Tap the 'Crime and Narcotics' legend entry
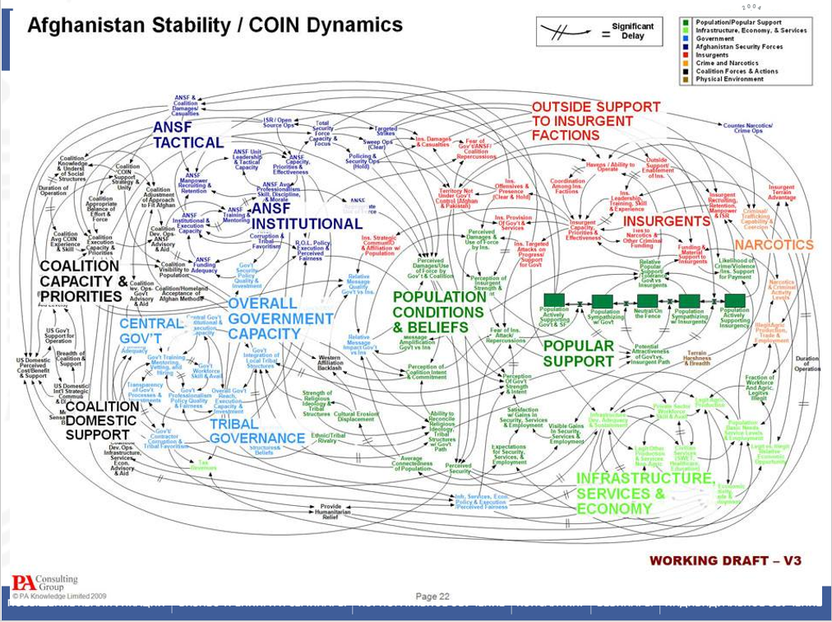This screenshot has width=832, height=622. [x=728, y=63]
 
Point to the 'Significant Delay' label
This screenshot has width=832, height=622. [x=632, y=31]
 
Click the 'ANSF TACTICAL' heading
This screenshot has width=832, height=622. [x=187, y=135]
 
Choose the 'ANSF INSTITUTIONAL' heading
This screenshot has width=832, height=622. [x=306, y=216]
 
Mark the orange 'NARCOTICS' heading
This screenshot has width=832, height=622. [x=773, y=245]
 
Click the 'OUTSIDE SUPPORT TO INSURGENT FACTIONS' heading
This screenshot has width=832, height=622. [x=595, y=121]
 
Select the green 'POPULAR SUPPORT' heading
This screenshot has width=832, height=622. [x=578, y=353]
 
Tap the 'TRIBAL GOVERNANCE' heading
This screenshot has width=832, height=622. [x=257, y=431]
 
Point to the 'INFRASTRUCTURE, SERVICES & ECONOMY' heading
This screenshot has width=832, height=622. [x=645, y=493]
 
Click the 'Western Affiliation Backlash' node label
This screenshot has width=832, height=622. [x=330, y=363]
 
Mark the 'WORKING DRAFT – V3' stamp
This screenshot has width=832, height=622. [x=724, y=561]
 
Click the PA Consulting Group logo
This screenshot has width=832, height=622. [x=44, y=583]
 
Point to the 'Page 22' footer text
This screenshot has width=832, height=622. [x=432, y=596]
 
